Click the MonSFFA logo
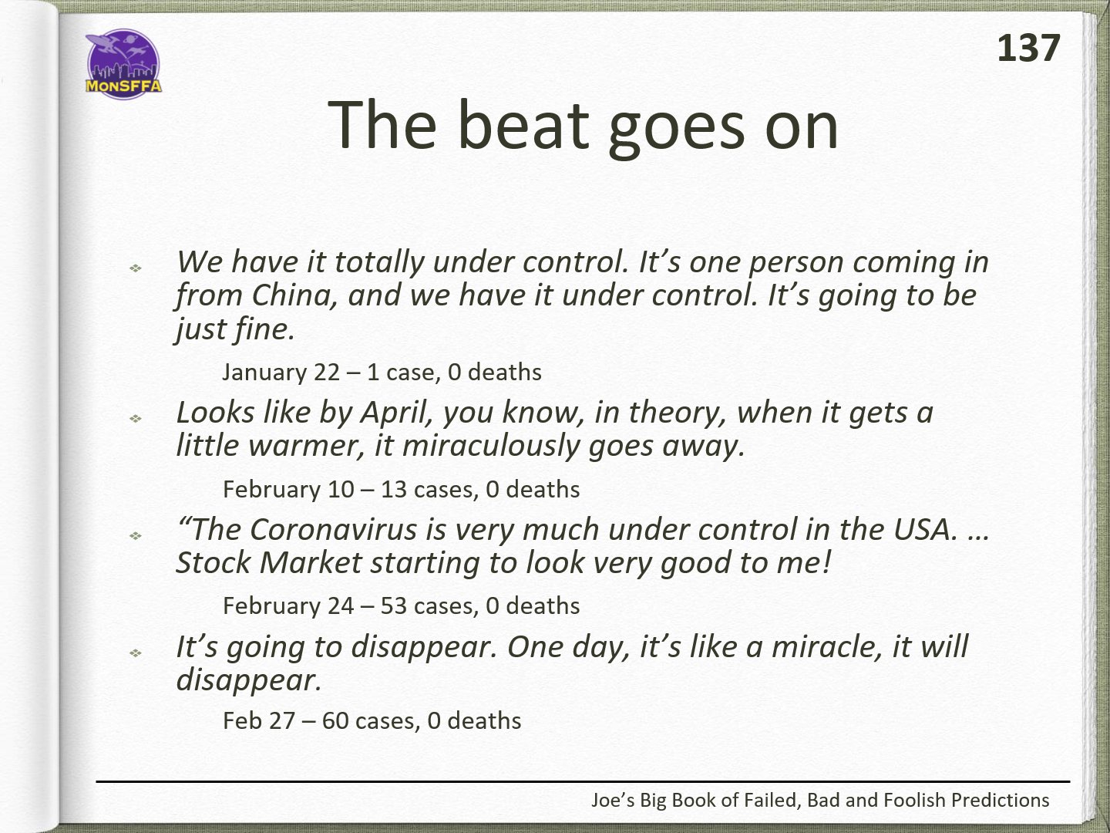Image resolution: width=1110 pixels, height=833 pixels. [x=123, y=64]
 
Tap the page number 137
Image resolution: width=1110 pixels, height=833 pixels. [x=1028, y=49]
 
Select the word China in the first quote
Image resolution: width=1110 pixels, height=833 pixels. [x=294, y=295]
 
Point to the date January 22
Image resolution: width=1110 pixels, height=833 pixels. [x=281, y=373]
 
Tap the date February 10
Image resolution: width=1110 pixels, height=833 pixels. [x=288, y=490]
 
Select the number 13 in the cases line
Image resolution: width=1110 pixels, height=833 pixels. [x=393, y=490]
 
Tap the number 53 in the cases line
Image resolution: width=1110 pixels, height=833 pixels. [x=393, y=606]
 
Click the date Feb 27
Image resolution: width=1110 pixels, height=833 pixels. [x=258, y=720]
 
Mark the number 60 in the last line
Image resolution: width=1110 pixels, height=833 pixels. [x=335, y=720]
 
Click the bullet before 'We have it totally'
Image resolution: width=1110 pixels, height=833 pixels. [x=135, y=268]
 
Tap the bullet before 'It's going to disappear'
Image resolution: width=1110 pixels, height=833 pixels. [x=135, y=653]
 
